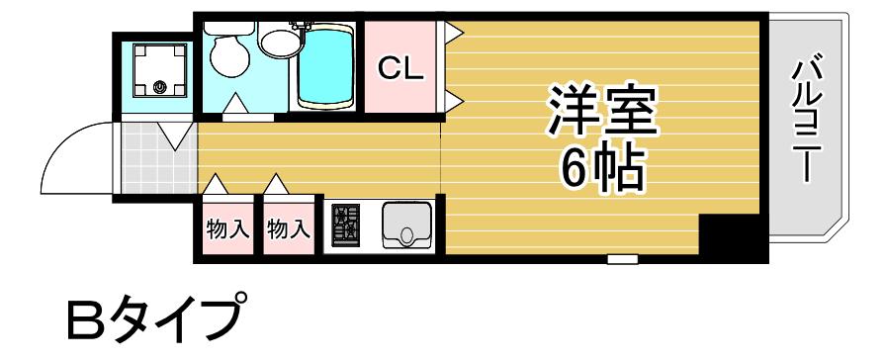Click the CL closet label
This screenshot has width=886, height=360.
pyautogui.click(x=400, y=68)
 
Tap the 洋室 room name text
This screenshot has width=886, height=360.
pyautogui.click(x=603, y=110)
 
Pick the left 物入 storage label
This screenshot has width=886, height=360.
pyautogui.click(x=227, y=229)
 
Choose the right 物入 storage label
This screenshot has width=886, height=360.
pyautogui.click(x=289, y=229)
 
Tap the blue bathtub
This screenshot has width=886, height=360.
pyautogui.click(x=325, y=68)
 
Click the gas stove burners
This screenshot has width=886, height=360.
pyautogui.click(x=345, y=225)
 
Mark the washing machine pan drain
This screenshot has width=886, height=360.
pyautogui.click(x=159, y=87)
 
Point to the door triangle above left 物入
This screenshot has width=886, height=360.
pyautogui.click(x=216, y=184)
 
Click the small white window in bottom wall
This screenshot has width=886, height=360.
pyautogui.click(x=623, y=259)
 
